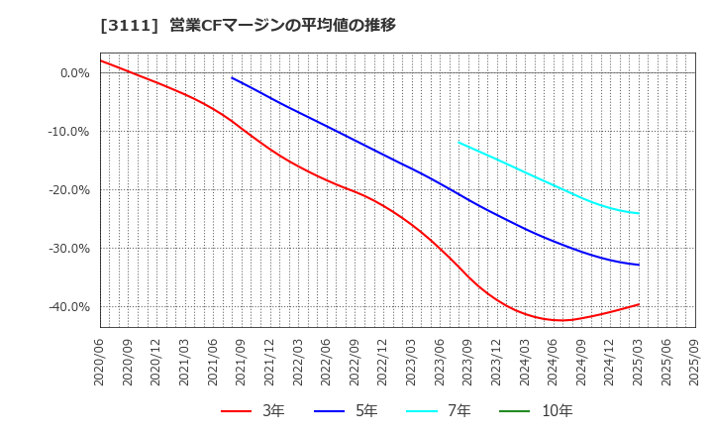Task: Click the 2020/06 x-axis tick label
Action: click(x=100, y=362)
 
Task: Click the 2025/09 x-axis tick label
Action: click(x=694, y=362)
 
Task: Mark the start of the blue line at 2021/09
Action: click(x=233, y=77)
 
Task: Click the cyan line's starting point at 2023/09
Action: click(x=459, y=143)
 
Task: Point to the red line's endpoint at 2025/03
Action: click(x=639, y=304)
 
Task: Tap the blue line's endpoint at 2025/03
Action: click(x=639, y=265)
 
